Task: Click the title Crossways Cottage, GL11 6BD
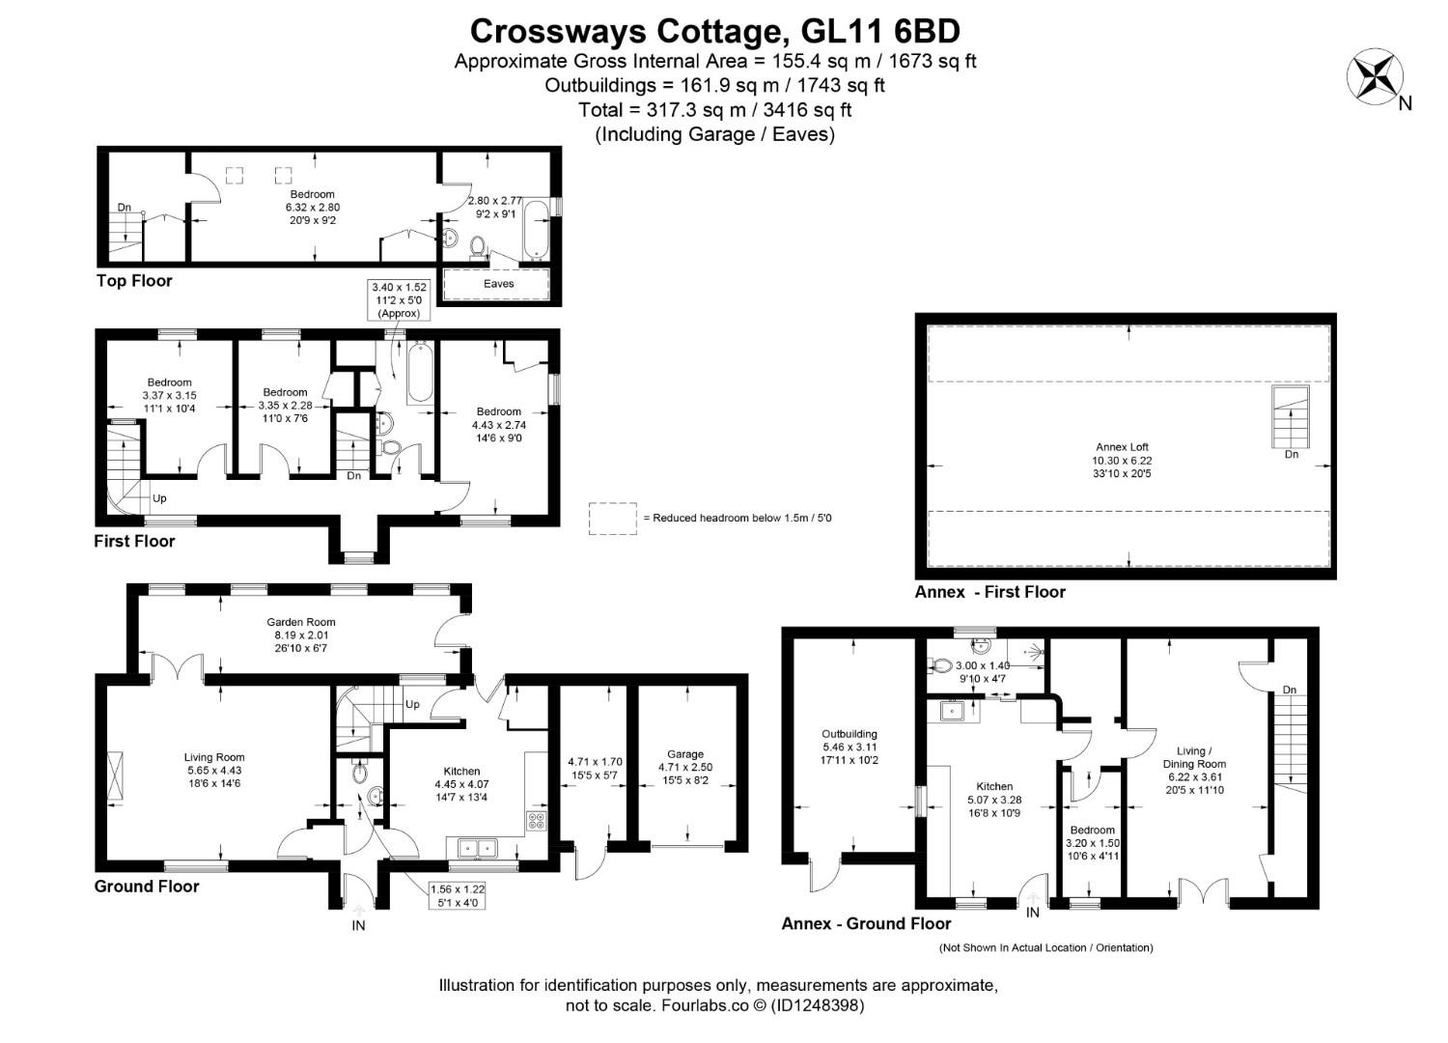click(x=714, y=31)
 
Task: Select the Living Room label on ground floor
click(x=214, y=757)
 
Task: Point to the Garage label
click(x=685, y=754)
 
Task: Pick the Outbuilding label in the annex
click(x=849, y=734)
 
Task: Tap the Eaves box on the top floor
click(x=497, y=284)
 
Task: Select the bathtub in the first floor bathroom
click(x=419, y=372)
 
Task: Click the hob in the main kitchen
click(x=537, y=823)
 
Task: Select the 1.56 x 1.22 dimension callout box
click(x=459, y=895)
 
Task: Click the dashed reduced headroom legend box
click(x=612, y=519)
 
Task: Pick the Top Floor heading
click(x=134, y=281)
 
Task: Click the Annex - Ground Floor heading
click(x=866, y=923)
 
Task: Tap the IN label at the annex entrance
click(x=1033, y=913)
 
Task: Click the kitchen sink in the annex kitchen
click(x=951, y=712)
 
